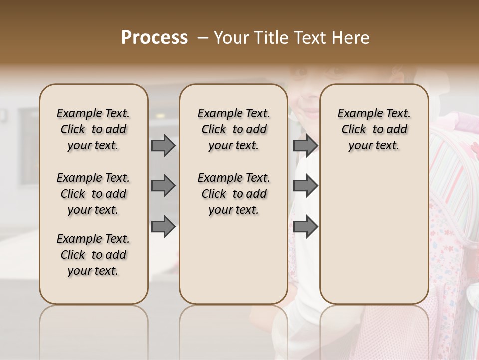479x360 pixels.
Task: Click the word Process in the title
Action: (x=154, y=37)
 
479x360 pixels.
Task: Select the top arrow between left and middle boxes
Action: (x=163, y=145)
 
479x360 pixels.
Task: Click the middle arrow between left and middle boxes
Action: (x=163, y=186)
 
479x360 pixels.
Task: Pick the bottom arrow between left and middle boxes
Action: (x=163, y=226)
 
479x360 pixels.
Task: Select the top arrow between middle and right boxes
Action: (x=305, y=145)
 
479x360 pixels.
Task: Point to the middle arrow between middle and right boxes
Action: (x=305, y=186)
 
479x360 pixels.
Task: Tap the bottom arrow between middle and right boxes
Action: (x=305, y=226)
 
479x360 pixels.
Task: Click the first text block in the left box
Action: (x=93, y=129)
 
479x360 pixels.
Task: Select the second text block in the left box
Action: (x=93, y=194)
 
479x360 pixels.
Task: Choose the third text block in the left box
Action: (x=93, y=255)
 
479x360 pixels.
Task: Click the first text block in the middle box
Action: (x=234, y=129)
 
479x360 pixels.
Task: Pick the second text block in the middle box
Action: (x=234, y=194)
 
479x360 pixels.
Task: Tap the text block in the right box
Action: (x=374, y=129)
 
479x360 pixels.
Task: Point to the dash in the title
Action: (x=202, y=38)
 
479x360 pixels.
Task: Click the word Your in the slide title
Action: (x=231, y=38)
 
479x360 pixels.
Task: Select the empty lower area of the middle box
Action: (x=234, y=260)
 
